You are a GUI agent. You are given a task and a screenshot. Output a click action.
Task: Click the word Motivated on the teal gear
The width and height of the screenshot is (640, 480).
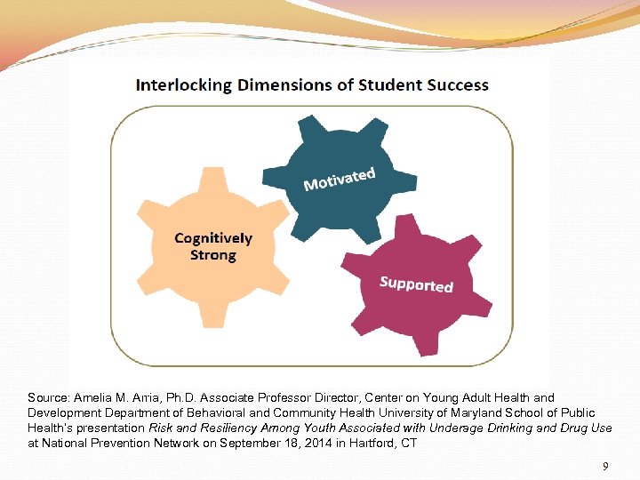340,179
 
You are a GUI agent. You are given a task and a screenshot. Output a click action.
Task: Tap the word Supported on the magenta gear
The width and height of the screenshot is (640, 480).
416,284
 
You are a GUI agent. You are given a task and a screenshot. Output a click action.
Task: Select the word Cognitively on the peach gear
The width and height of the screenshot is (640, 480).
213,238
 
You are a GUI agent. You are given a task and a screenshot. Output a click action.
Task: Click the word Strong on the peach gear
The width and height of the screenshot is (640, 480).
213,255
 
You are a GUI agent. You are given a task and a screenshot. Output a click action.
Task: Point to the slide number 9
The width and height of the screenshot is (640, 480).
605,465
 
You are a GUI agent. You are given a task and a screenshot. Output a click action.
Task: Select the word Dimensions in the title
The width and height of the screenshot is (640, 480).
270,85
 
